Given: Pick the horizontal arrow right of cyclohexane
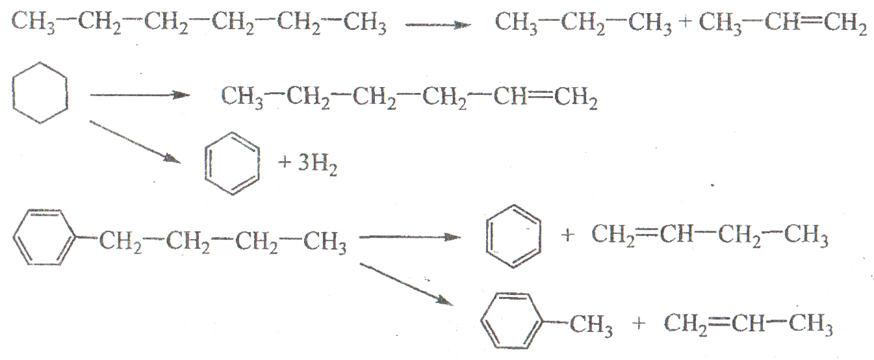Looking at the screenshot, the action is (x=137, y=96).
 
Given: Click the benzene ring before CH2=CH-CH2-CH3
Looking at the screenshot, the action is (x=514, y=235).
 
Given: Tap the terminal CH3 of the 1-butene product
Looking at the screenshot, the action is (x=806, y=237).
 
